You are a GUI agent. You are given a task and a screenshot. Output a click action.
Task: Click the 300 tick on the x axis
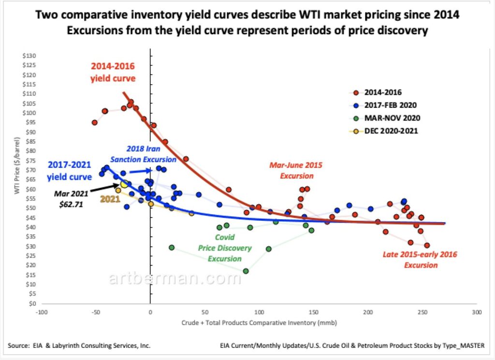(x=477, y=312)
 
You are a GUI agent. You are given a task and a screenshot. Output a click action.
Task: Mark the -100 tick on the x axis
(x=42, y=312)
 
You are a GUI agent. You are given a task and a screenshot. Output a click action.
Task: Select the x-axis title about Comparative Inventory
(x=260, y=322)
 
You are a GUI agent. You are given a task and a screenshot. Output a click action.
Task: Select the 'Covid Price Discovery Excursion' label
(x=225, y=248)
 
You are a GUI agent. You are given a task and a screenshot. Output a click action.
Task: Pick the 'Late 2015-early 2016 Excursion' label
(x=420, y=259)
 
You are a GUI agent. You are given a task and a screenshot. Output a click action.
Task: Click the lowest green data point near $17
(x=246, y=271)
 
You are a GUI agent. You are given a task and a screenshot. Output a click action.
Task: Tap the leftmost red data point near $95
(x=95, y=122)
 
